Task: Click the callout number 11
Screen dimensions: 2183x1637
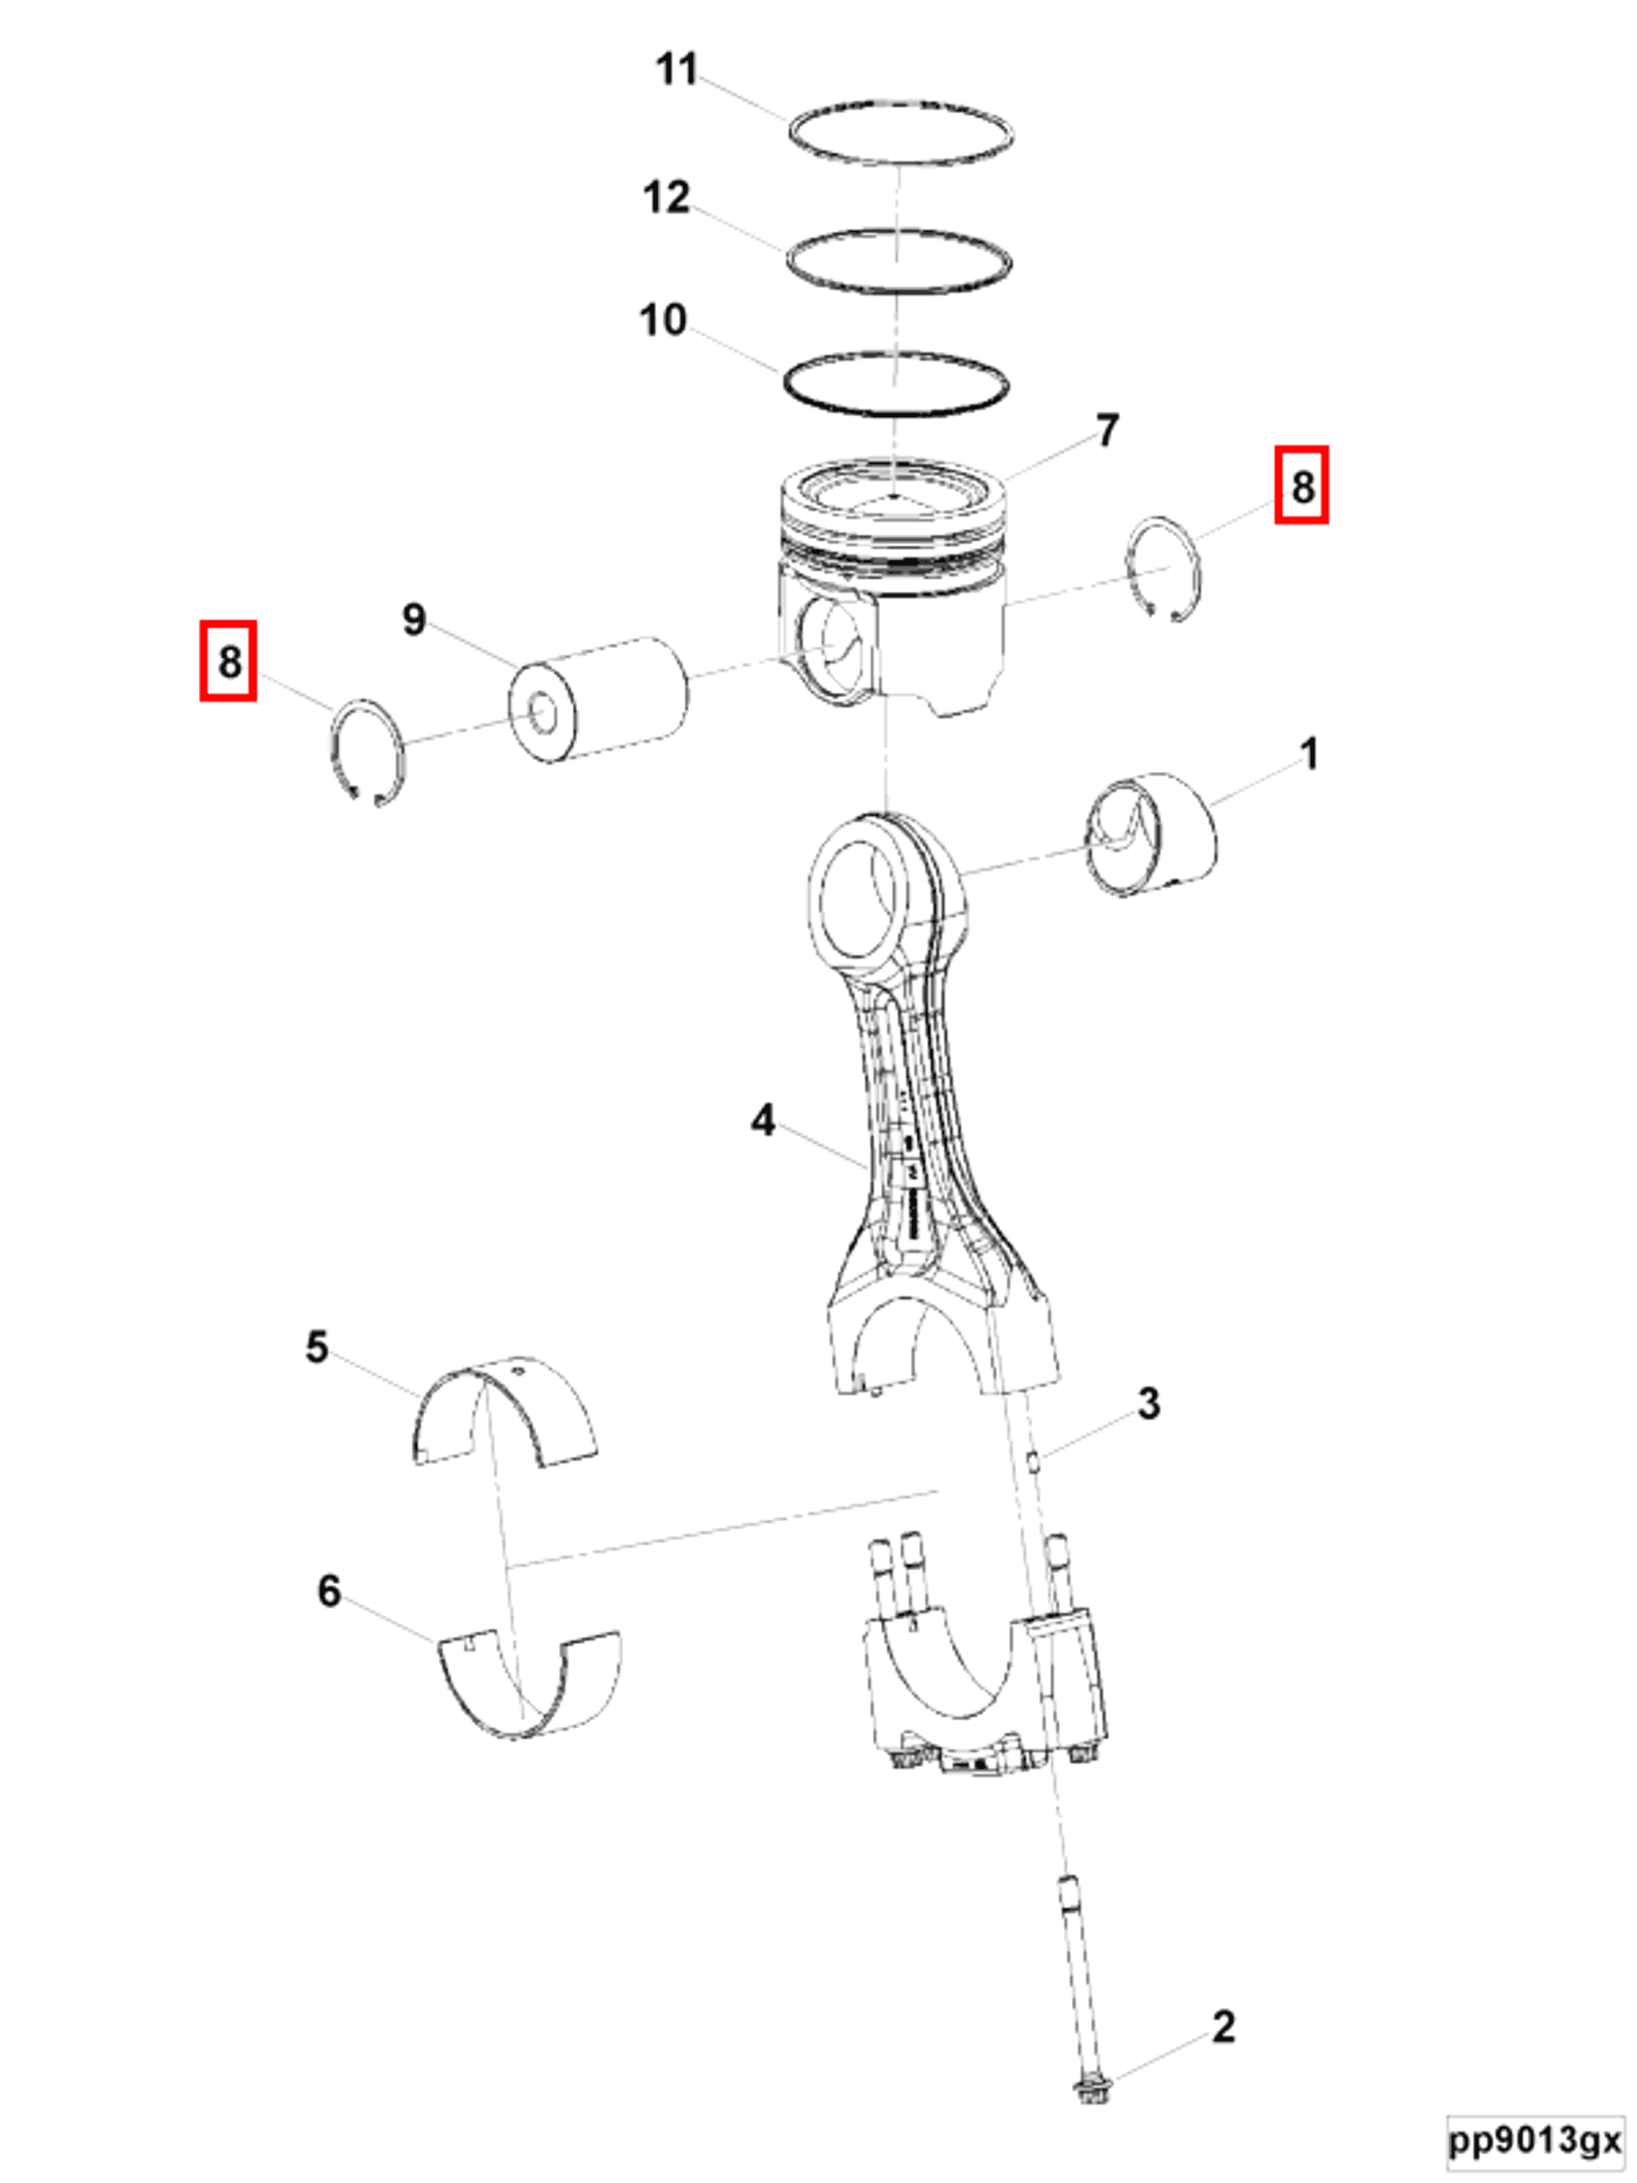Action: (677, 70)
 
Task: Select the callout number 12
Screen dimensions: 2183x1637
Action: (666, 199)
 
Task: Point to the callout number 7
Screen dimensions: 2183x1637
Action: (1107, 431)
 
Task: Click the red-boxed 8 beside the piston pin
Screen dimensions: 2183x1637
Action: (229, 661)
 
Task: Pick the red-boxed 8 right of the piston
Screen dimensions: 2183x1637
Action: (1302, 485)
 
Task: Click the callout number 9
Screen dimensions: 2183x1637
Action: (414, 620)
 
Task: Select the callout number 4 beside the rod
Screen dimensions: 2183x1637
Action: (763, 1120)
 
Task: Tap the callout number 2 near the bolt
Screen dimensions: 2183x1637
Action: (1223, 2027)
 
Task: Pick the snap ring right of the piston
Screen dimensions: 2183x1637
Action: (1165, 567)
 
